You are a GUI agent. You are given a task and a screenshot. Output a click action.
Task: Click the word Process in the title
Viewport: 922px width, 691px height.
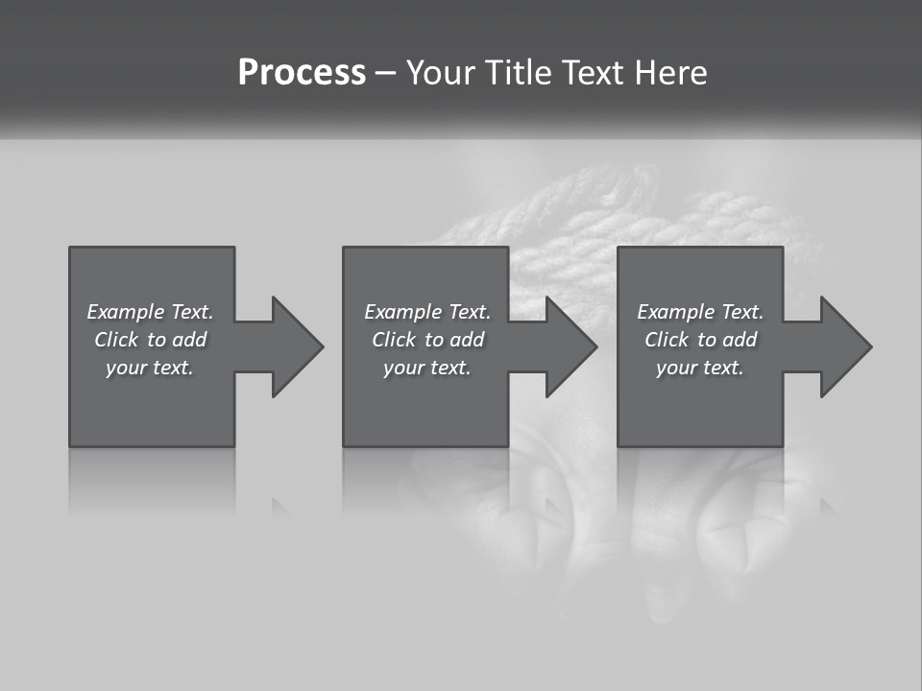coord(302,72)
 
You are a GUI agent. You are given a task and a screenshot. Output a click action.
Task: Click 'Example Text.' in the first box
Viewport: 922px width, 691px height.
coord(150,312)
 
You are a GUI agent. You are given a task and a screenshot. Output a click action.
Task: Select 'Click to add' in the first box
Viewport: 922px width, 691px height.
coord(150,340)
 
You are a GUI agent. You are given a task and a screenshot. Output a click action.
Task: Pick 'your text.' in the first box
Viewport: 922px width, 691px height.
coord(150,368)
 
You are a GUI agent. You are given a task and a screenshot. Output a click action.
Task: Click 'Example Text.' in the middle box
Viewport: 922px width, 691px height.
coord(427,312)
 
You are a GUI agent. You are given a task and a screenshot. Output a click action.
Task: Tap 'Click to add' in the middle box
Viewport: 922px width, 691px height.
coord(427,340)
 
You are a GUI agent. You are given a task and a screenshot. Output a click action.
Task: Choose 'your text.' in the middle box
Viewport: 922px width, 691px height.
coord(427,368)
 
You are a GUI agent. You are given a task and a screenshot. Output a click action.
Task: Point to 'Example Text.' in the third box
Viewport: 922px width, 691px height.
coord(700,312)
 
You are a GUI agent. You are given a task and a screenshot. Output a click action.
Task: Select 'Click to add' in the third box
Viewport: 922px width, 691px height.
coord(700,340)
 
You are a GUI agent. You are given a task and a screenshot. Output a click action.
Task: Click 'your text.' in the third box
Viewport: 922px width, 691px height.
coord(700,368)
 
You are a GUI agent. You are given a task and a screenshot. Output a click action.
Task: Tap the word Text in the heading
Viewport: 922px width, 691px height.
coord(591,72)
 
